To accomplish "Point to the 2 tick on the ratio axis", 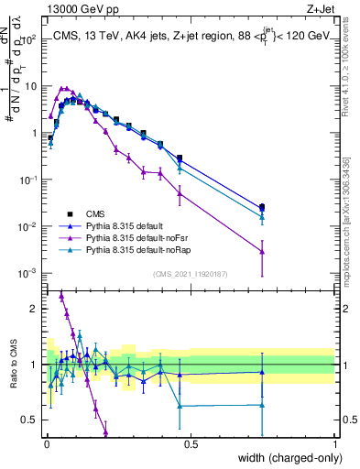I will click(37, 308).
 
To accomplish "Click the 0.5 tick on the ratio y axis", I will click(33, 420).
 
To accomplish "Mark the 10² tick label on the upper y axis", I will click(30, 39).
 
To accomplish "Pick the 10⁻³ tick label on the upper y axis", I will click(30, 273).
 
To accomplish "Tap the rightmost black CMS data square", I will click(262, 207).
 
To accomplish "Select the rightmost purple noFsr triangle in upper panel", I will click(262, 251).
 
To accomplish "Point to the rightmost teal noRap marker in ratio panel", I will click(262, 405).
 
